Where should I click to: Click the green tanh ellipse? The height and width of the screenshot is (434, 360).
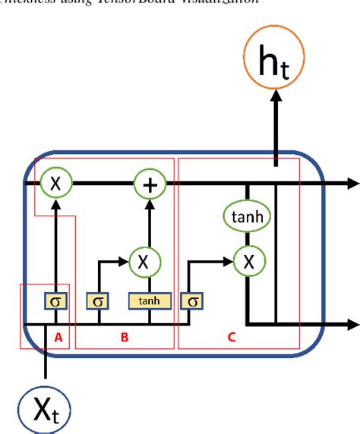(248, 219)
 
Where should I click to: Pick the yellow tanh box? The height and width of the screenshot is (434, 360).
(150, 300)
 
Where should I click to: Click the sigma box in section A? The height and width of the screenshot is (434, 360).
(55, 300)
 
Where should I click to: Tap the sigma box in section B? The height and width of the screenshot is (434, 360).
(97, 300)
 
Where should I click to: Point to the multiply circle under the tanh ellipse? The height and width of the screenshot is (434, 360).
(248, 262)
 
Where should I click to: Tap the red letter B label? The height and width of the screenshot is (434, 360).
(125, 338)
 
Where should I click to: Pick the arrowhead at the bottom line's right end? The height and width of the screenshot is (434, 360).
(352, 325)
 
